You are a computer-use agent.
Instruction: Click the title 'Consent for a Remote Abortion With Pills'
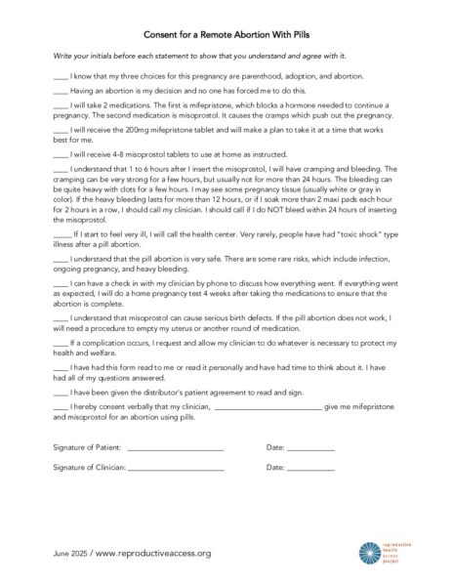click(226, 31)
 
